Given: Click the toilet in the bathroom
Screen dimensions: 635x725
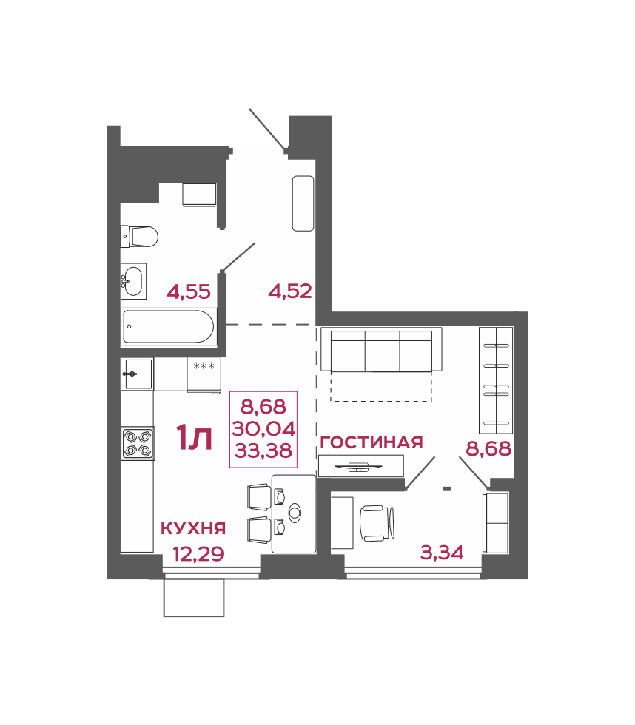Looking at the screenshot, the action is click(x=138, y=236).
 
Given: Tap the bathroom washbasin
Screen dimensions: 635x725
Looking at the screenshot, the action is click(x=134, y=280).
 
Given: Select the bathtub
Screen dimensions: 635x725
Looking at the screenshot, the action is click(x=169, y=326).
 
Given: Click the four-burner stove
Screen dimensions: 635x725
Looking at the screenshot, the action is click(x=138, y=443).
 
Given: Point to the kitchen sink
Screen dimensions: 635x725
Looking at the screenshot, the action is click(x=137, y=374).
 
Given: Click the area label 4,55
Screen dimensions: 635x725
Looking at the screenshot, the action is click(x=189, y=292).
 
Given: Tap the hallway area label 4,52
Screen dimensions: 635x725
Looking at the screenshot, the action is click(x=290, y=291).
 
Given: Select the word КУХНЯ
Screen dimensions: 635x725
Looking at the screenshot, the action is click(x=193, y=528).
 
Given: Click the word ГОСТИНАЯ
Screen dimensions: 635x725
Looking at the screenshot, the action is click(x=372, y=442).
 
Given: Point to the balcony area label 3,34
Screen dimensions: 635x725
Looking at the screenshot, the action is click(x=442, y=553).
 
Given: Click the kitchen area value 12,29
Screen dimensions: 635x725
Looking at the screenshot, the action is click(x=198, y=553).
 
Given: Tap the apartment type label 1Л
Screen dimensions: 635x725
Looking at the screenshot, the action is click(x=194, y=438).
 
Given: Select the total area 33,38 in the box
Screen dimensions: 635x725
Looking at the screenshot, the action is click(x=263, y=451).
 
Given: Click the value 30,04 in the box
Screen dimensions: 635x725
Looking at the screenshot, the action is click(x=263, y=429).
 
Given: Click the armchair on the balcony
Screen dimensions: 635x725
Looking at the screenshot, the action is click(x=377, y=523).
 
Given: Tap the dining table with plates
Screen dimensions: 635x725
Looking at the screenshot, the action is click(x=294, y=513).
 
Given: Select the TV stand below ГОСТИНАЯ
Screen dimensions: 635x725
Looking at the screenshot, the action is click(x=361, y=465).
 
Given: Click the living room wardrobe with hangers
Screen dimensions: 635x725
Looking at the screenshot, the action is click(x=496, y=380).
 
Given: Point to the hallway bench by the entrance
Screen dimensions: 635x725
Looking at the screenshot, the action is click(x=303, y=203).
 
